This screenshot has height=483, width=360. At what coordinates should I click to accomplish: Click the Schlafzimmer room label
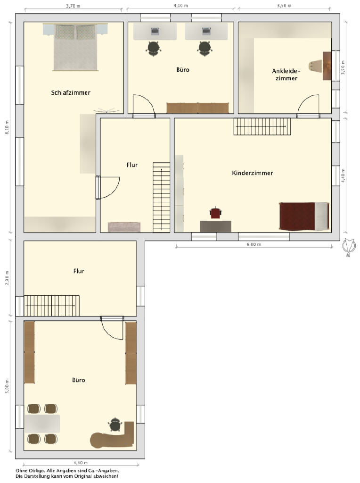coord(71,92)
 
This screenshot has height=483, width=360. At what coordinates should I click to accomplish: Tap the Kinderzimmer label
coord(252,173)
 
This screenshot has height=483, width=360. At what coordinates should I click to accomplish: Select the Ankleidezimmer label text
coord(286,75)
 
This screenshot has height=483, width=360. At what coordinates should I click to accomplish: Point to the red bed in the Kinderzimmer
coord(304,216)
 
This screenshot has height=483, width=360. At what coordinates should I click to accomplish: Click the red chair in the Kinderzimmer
coord(216,213)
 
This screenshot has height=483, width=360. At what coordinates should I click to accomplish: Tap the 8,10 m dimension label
coord(7,127)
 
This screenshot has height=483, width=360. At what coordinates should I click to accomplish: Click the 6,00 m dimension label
coord(254,244)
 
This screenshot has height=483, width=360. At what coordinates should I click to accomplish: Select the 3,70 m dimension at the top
coord(73,6)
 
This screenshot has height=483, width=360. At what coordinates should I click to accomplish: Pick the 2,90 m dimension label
coord(7,278)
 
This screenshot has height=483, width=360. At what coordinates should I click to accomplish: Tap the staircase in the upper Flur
coord(162,197)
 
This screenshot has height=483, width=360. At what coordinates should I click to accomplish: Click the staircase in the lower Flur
coord(51,306)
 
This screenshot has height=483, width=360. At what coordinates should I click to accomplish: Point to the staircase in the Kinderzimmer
coord(262,126)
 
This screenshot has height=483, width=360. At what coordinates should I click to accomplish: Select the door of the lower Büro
coord(112,328)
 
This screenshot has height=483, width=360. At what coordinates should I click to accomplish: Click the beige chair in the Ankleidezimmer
coord(315,66)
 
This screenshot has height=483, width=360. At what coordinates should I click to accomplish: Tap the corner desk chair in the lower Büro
coord(115,425)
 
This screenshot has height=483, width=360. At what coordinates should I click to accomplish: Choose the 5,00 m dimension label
coord(7,386)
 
